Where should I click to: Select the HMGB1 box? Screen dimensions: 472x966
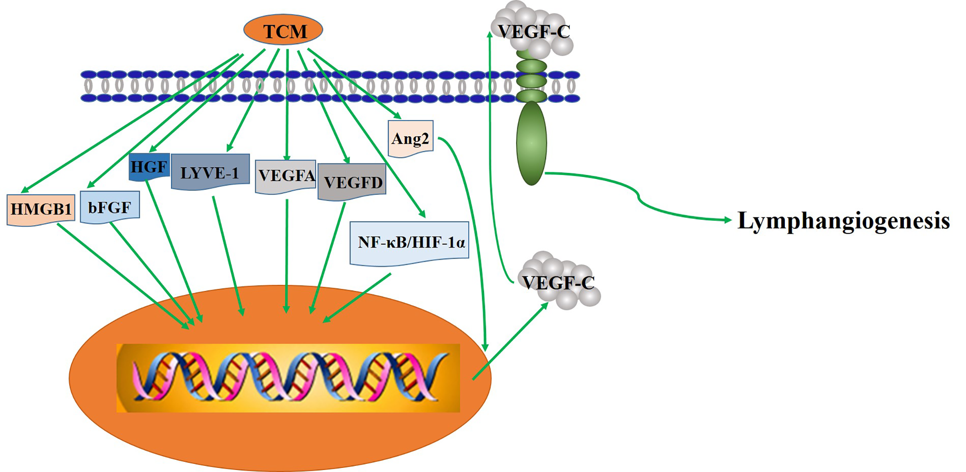pyautogui.click(x=41, y=209)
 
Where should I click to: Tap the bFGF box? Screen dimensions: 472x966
pyautogui.click(x=110, y=208)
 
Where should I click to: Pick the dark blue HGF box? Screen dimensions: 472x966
pyautogui.click(x=149, y=167)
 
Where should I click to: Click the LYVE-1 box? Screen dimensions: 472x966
pyautogui.click(x=210, y=172)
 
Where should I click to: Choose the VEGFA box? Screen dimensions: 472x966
pyautogui.click(x=285, y=176)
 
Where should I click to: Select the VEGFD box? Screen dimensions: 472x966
pyautogui.click(x=352, y=182)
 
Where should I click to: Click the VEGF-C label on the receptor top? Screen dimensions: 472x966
pyautogui.click(x=534, y=32)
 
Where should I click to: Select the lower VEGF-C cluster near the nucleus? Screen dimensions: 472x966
pyautogui.click(x=559, y=282)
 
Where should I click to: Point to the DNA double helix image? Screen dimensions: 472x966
pyautogui.click(x=288, y=378)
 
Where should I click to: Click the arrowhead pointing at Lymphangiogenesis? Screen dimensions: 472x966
pyautogui.click(x=728, y=220)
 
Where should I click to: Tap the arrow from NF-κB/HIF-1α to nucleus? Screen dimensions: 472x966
pyautogui.click(x=358, y=298)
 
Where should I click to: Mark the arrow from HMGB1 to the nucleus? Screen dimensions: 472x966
pyautogui.click(x=123, y=276)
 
